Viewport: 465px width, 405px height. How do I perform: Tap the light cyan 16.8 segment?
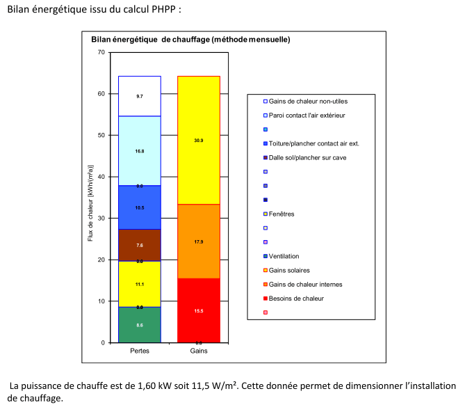pos(140,150)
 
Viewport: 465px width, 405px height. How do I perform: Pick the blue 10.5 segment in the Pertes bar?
pos(140,207)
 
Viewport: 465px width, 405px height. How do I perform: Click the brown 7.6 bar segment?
pos(140,245)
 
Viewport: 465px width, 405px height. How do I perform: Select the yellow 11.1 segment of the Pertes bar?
pos(140,284)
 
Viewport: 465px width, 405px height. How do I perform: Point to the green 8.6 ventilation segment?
pos(140,325)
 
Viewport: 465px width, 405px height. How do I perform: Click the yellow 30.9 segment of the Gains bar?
pos(199,141)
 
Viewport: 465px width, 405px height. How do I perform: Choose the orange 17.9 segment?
pos(199,241)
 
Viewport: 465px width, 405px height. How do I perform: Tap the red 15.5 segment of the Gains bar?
pos(199,310)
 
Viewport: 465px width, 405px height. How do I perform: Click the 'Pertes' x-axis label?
pos(140,351)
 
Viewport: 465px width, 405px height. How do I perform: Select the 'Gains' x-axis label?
pos(199,351)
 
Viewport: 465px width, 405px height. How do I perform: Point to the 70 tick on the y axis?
pos(101,53)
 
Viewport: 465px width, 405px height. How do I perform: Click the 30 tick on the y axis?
pos(101,219)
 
